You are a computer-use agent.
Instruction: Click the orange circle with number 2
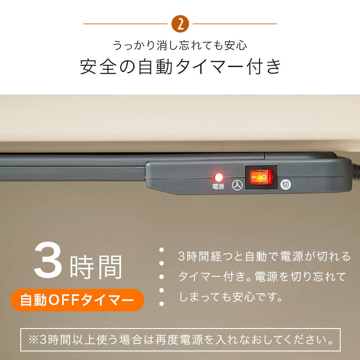180,24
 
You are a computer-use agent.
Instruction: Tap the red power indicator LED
219,177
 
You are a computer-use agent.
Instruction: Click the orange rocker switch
261,177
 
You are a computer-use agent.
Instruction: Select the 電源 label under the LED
218,186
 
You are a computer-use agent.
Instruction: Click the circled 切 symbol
285,184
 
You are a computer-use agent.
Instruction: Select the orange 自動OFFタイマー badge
77,300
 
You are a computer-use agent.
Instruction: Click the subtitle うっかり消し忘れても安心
180,45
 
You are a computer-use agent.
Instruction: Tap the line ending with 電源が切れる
264,257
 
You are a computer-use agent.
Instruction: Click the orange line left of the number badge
126,24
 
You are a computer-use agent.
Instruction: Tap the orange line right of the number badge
234,24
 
